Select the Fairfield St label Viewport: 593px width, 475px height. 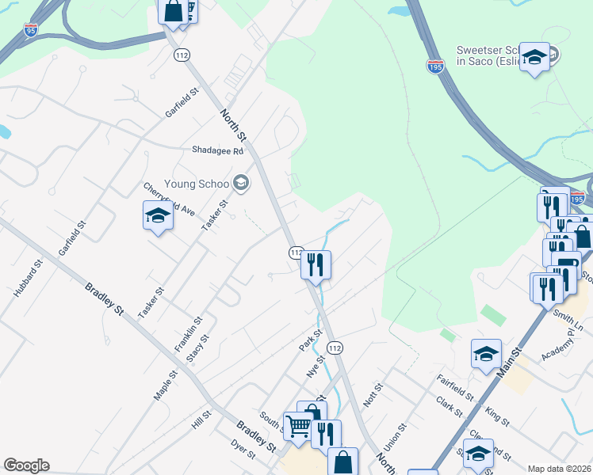click(x=456, y=389)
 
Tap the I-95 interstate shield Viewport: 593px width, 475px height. click(x=31, y=30)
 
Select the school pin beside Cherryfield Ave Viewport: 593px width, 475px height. click(x=158, y=215)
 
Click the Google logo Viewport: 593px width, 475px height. click(x=26, y=465)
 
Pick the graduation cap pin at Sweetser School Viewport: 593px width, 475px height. click(x=535, y=57)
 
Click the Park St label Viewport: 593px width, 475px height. click(x=308, y=342)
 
